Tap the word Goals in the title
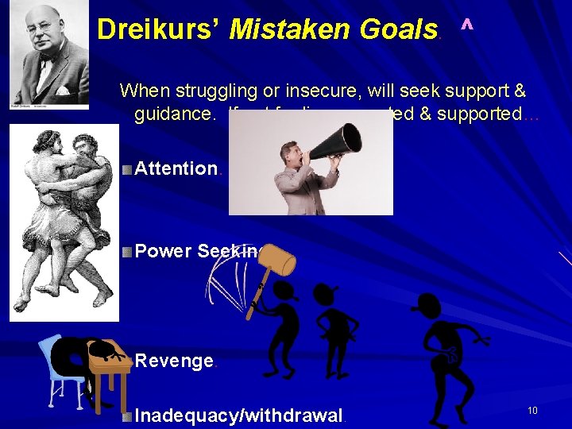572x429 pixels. [x=390, y=30]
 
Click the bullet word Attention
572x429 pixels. [x=176, y=168]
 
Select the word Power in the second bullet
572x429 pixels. [x=164, y=252]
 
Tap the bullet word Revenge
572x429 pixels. [x=173, y=361]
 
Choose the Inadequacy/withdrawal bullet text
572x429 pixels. [x=238, y=415]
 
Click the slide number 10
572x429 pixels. [x=532, y=410]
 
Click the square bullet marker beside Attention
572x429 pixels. [x=128, y=168]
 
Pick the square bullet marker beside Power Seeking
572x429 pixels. [x=128, y=252]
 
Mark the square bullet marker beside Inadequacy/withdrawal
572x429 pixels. [x=128, y=415]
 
